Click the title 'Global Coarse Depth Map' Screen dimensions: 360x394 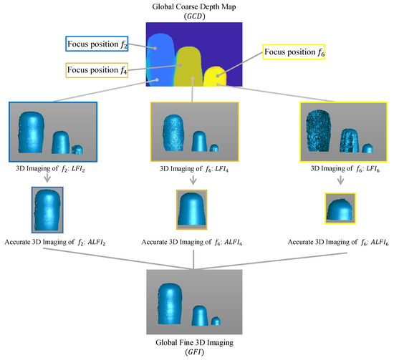coord(194,6)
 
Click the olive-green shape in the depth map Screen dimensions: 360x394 coord(190,68)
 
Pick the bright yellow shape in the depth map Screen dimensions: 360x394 coord(214,77)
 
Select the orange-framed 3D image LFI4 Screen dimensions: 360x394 coord(193,132)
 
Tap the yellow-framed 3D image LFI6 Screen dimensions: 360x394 coord(336,132)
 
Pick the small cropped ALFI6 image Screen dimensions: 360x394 coord(340,210)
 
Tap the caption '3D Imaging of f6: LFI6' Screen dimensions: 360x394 coord(335,170)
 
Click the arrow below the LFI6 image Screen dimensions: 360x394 coord(340,183)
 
